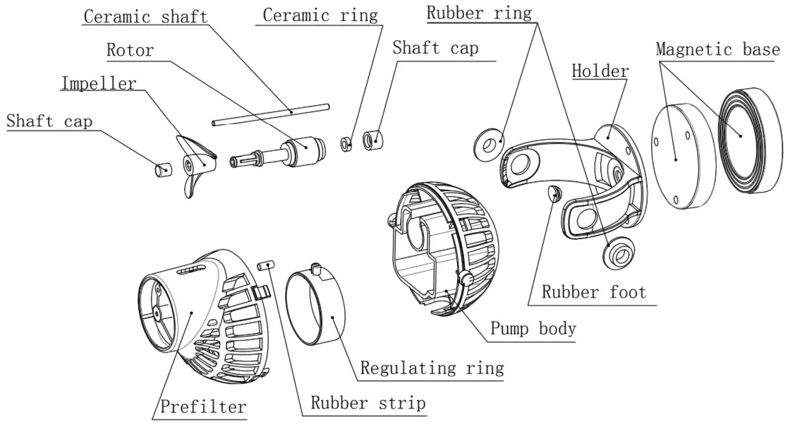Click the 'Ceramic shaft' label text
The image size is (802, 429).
tap(145, 16)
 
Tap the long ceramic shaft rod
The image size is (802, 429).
tap(272, 114)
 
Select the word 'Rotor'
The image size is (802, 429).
tap(130, 50)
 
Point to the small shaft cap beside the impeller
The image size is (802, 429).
tap(163, 169)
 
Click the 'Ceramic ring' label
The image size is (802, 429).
tap(320, 15)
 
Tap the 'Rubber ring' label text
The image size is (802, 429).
tap(479, 13)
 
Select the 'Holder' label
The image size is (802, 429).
tap(600, 71)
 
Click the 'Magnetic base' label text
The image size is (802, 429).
tap(717, 49)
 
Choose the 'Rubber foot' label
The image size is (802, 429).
tap(593, 291)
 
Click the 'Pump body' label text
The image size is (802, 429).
tap(533, 328)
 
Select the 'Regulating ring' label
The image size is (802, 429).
tap(432, 368)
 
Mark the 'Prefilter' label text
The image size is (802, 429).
tap(202, 406)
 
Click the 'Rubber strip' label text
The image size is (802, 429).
tap(368, 403)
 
